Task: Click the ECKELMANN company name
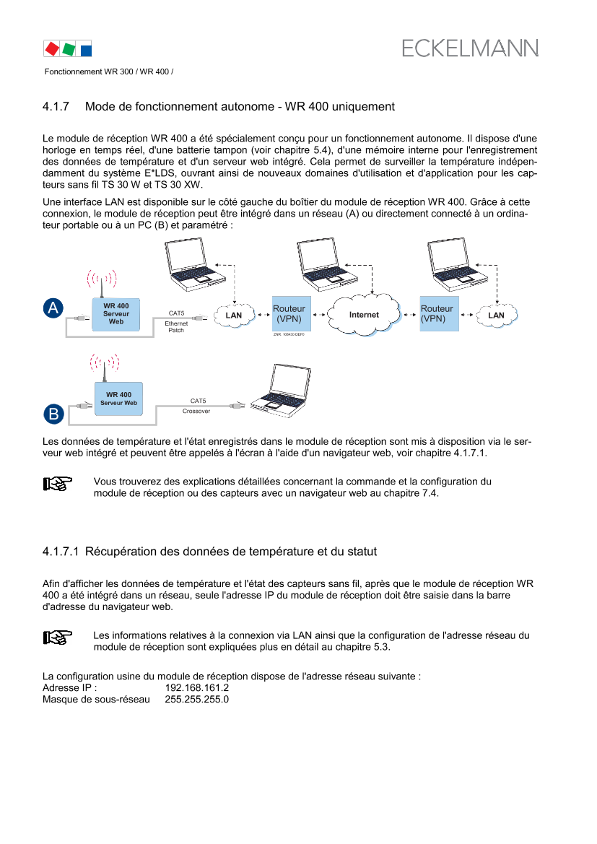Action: coord(469,48)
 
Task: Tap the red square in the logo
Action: coord(52,49)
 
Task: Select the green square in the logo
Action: coord(69,49)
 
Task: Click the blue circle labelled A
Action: coord(53,308)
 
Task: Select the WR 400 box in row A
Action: coord(116,314)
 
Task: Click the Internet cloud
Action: coord(364,315)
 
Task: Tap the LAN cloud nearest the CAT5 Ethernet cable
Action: coord(234,315)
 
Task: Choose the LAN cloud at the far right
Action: coord(496,315)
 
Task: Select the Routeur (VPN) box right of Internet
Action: coord(439,313)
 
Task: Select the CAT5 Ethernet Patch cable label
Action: coord(177,321)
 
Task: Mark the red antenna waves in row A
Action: coord(102,278)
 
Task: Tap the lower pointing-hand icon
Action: coord(58,638)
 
